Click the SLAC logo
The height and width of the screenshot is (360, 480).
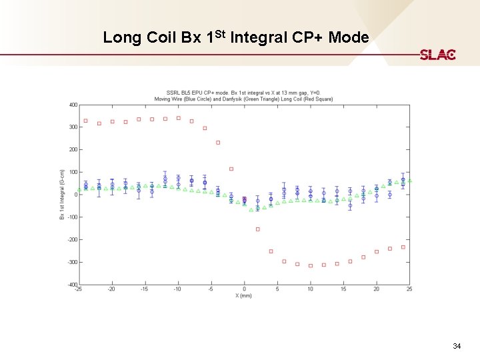[x=437, y=54]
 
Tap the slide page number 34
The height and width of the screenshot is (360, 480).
[x=457, y=346]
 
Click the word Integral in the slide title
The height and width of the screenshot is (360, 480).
[x=258, y=37]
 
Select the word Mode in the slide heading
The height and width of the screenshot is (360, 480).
[x=348, y=37]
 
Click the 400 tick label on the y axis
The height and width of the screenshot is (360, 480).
[x=73, y=105]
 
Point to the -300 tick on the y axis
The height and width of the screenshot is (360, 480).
[x=72, y=262]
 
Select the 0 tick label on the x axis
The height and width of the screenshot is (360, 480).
[x=244, y=289]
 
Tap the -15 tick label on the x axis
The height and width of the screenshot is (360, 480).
[x=144, y=289]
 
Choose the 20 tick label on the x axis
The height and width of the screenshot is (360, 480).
[x=377, y=289]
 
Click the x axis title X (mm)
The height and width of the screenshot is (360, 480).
[x=244, y=295]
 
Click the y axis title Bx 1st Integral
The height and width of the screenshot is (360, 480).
[x=62, y=194]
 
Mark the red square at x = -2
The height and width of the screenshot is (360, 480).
[x=231, y=169]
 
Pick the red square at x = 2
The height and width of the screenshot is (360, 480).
[x=257, y=229]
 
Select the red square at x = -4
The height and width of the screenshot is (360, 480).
[x=218, y=142]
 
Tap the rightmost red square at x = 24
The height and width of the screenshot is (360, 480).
[x=403, y=247]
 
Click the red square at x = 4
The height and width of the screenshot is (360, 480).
[x=271, y=251]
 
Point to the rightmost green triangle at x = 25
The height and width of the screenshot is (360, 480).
[x=409, y=180]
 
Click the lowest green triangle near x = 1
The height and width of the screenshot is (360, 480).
[x=251, y=209]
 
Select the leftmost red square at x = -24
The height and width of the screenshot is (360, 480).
[x=85, y=121]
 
